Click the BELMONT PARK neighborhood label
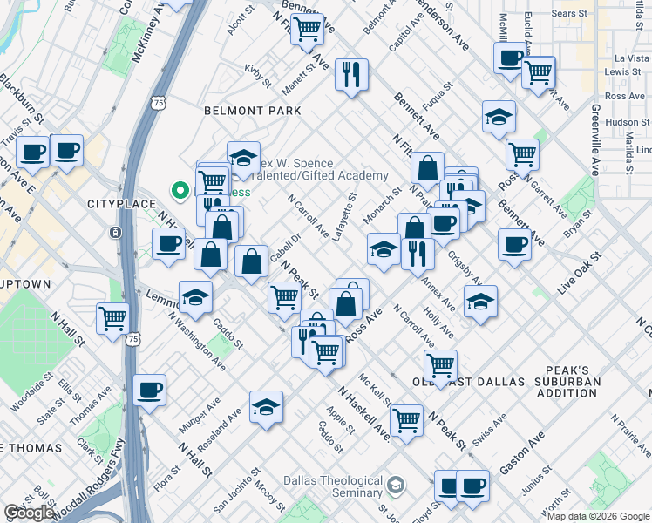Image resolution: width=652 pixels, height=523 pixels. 252,111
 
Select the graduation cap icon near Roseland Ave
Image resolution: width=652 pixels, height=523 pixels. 266,406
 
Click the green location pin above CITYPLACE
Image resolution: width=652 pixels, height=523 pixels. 181,189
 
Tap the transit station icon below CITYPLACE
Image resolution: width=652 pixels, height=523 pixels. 115,233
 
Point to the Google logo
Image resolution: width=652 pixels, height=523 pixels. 31,513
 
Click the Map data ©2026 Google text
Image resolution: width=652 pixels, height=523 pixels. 598,516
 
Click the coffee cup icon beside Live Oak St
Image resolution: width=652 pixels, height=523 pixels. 514,243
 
